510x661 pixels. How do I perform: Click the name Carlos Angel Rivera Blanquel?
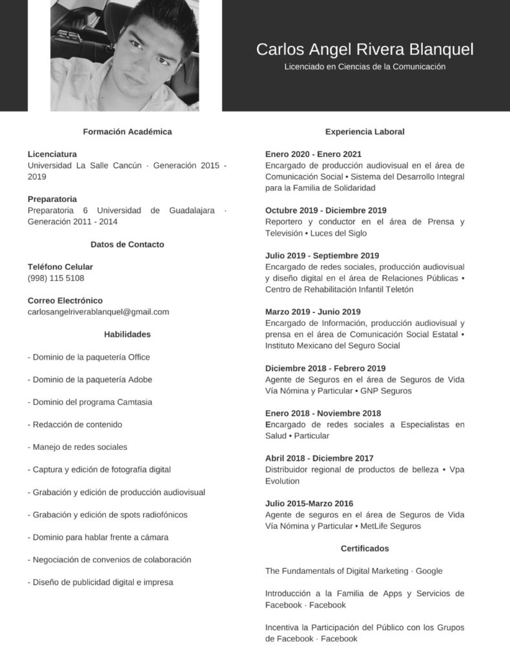[x=365, y=50]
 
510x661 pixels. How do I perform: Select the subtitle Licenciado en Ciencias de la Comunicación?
[x=365, y=66]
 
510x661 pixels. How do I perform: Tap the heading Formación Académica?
[x=127, y=132]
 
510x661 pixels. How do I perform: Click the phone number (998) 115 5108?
[x=56, y=278]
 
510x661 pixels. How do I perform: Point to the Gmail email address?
[x=98, y=312]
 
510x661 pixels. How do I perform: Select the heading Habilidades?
[x=127, y=334]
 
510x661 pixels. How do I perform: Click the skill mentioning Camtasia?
[x=90, y=402]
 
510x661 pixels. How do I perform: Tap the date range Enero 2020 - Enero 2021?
[x=313, y=154]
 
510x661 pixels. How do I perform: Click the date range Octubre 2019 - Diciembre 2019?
[x=326, y=210]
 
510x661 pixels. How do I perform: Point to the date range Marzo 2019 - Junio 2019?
[x=313, y=312]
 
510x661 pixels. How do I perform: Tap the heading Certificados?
[x=365, y=549]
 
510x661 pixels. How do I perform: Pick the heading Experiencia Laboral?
[x=365, y=132]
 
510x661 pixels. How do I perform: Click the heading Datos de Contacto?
[x=127, y=245]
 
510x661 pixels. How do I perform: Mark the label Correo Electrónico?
[x=65, y=301]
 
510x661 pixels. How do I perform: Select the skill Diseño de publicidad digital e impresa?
[x=101, y=582]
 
